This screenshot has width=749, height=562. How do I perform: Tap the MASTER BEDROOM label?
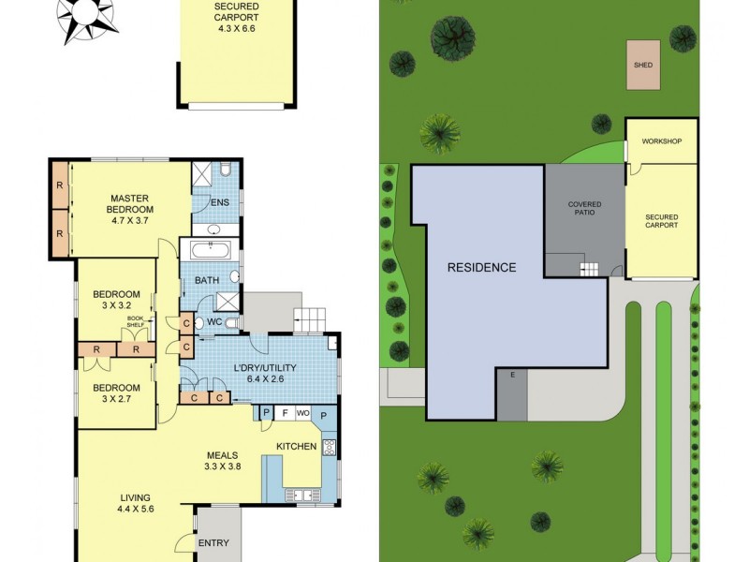(131, 203)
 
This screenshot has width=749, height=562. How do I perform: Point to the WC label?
(213, 322)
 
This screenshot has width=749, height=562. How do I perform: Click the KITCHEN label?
(296, 447)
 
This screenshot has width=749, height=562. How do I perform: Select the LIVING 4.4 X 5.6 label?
(135, 503)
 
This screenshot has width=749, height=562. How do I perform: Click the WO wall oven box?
(303, 413)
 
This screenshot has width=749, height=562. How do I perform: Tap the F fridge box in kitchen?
(285, 413)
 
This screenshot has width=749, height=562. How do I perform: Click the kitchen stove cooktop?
(330, 448)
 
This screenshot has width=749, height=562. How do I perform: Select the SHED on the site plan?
(643, 65)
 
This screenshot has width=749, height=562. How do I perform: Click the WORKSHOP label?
(661, 141)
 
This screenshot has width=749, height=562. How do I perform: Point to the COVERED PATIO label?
(584, 208)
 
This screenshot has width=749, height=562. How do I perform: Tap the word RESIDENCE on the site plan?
(481, 267)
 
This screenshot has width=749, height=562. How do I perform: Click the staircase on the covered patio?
(589, 270)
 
